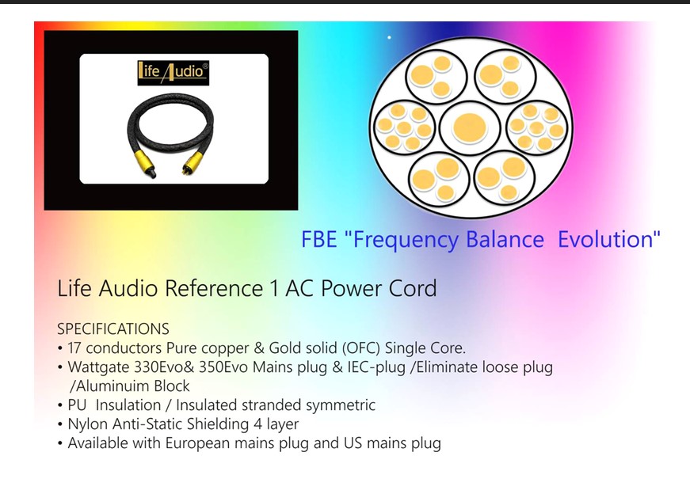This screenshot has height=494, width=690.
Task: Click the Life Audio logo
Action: [173, 73]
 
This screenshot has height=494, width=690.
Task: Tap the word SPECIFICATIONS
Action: [113, 329]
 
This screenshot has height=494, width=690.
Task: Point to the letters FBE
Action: [318, 239]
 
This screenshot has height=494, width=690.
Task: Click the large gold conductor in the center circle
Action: [470, 128]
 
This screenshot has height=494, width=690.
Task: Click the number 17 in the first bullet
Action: [74, 348]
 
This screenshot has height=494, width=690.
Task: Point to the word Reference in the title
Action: [214, 289]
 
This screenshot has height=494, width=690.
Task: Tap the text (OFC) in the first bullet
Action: [360, 348]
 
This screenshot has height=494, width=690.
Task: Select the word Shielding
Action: [218, 424]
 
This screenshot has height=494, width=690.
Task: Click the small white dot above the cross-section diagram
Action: [389, 37]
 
